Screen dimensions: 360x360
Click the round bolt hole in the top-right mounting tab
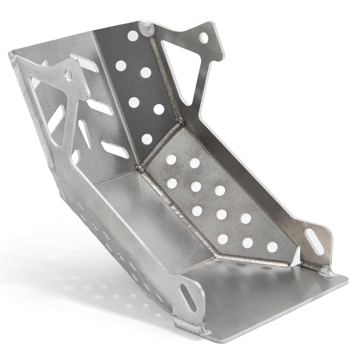pos(204,37)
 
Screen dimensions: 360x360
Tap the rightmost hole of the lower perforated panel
pos(273,246)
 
